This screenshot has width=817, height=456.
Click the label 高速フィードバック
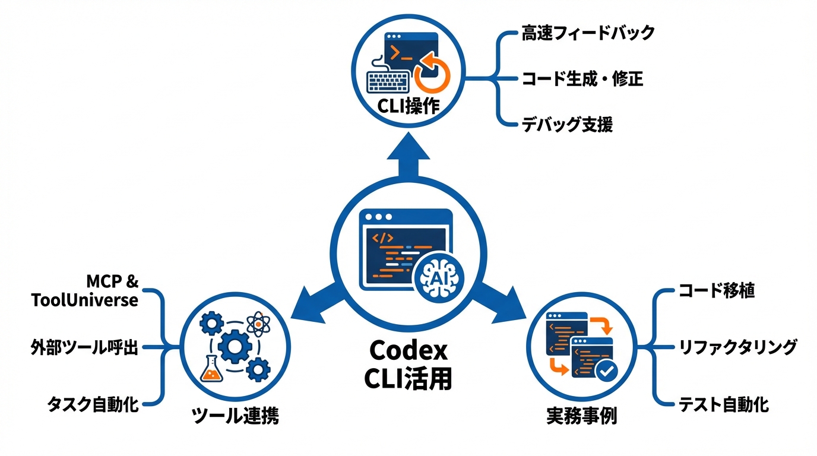[x=588, y=33]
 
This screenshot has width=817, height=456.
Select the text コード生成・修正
[x=582, y=78]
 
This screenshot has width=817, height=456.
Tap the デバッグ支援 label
[x=567, y=125]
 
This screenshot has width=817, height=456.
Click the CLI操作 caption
[x=408, y=106]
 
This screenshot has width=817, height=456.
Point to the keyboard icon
[x=387, y=78]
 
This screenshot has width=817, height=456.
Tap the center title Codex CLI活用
[x=408, y=363]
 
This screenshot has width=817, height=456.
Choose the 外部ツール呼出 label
[x=84, y=347]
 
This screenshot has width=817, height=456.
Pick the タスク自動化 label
[x=93, y=405]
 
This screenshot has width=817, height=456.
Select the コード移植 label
[x=717, y=291]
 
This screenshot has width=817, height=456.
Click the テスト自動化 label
[x=724, y=405]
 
